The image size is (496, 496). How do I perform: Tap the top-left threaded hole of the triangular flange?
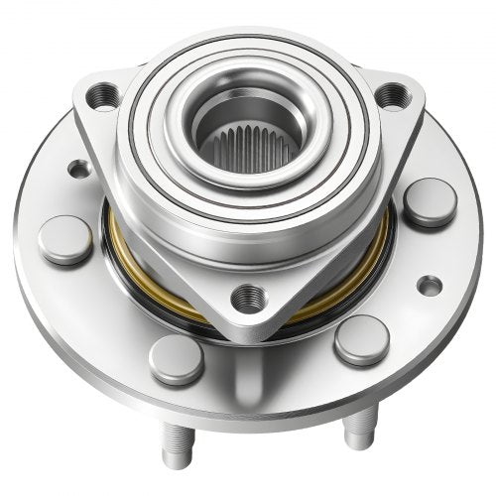pyautogui.click(x=100, y=96)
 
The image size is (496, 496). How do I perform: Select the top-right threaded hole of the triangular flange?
pyautogui.click(x=393, y=95)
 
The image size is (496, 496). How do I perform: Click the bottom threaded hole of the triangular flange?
pyautogui.click(x=248, y=296)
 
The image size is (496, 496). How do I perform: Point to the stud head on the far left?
pyautogui.click(x=65, y=239)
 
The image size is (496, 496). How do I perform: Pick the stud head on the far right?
pyautogui.click(x=430, y=201)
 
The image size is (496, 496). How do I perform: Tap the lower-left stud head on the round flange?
pyautogui.click(x=176, y=358)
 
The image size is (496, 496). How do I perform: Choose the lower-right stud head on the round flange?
pyautogui.click(x=360, y=339)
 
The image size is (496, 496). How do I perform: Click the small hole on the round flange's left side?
pyautogui.click(x=79, y=169)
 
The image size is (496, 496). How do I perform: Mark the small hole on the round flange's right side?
pyautogui.click(x=429, y=286)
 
